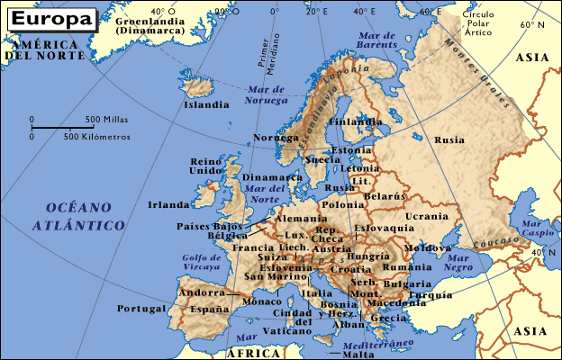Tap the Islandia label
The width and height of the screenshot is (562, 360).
coord(206,104)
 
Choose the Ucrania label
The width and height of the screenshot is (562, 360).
coord(426,217)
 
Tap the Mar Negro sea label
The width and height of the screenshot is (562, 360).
coord(458,262)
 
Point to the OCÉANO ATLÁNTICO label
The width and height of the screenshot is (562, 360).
coord(77,217)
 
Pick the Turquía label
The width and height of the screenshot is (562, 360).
coord(430,294)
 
